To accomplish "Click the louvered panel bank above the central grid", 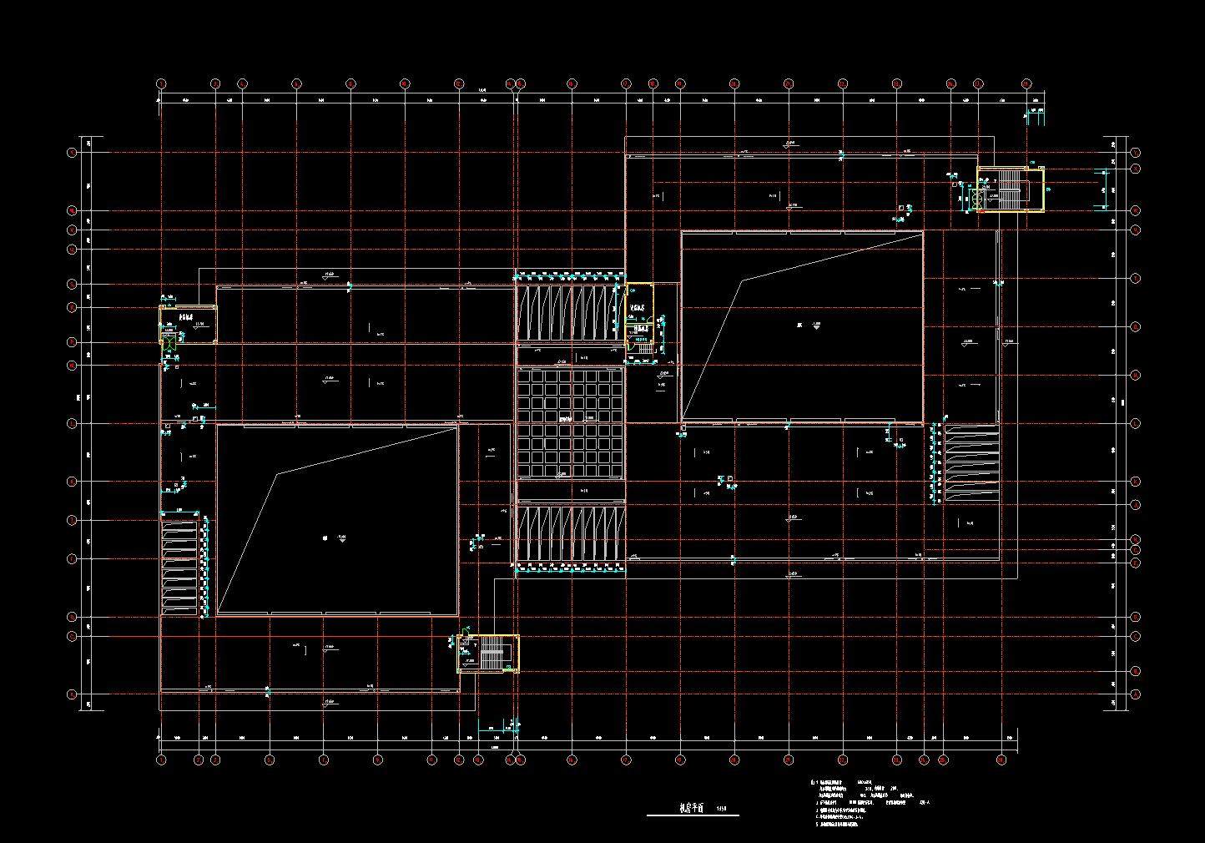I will pyautogui.click(x=570, y=314).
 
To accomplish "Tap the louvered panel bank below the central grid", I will pyautogui.click(x=571, y=533).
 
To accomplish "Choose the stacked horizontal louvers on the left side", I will pyautogui.click(x=179, y=568).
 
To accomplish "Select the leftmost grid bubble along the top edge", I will pyautogui.click(x=161, y=83).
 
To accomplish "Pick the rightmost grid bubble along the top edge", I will pyautogui.click(x=1027, y=83).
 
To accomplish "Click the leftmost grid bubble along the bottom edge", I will pyautogui.click(x=161, y=760).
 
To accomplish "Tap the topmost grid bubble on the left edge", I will pyautogui.click(x=73, y=153).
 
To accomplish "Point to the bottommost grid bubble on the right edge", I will pyautogui.click(x=1136, y=694).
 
